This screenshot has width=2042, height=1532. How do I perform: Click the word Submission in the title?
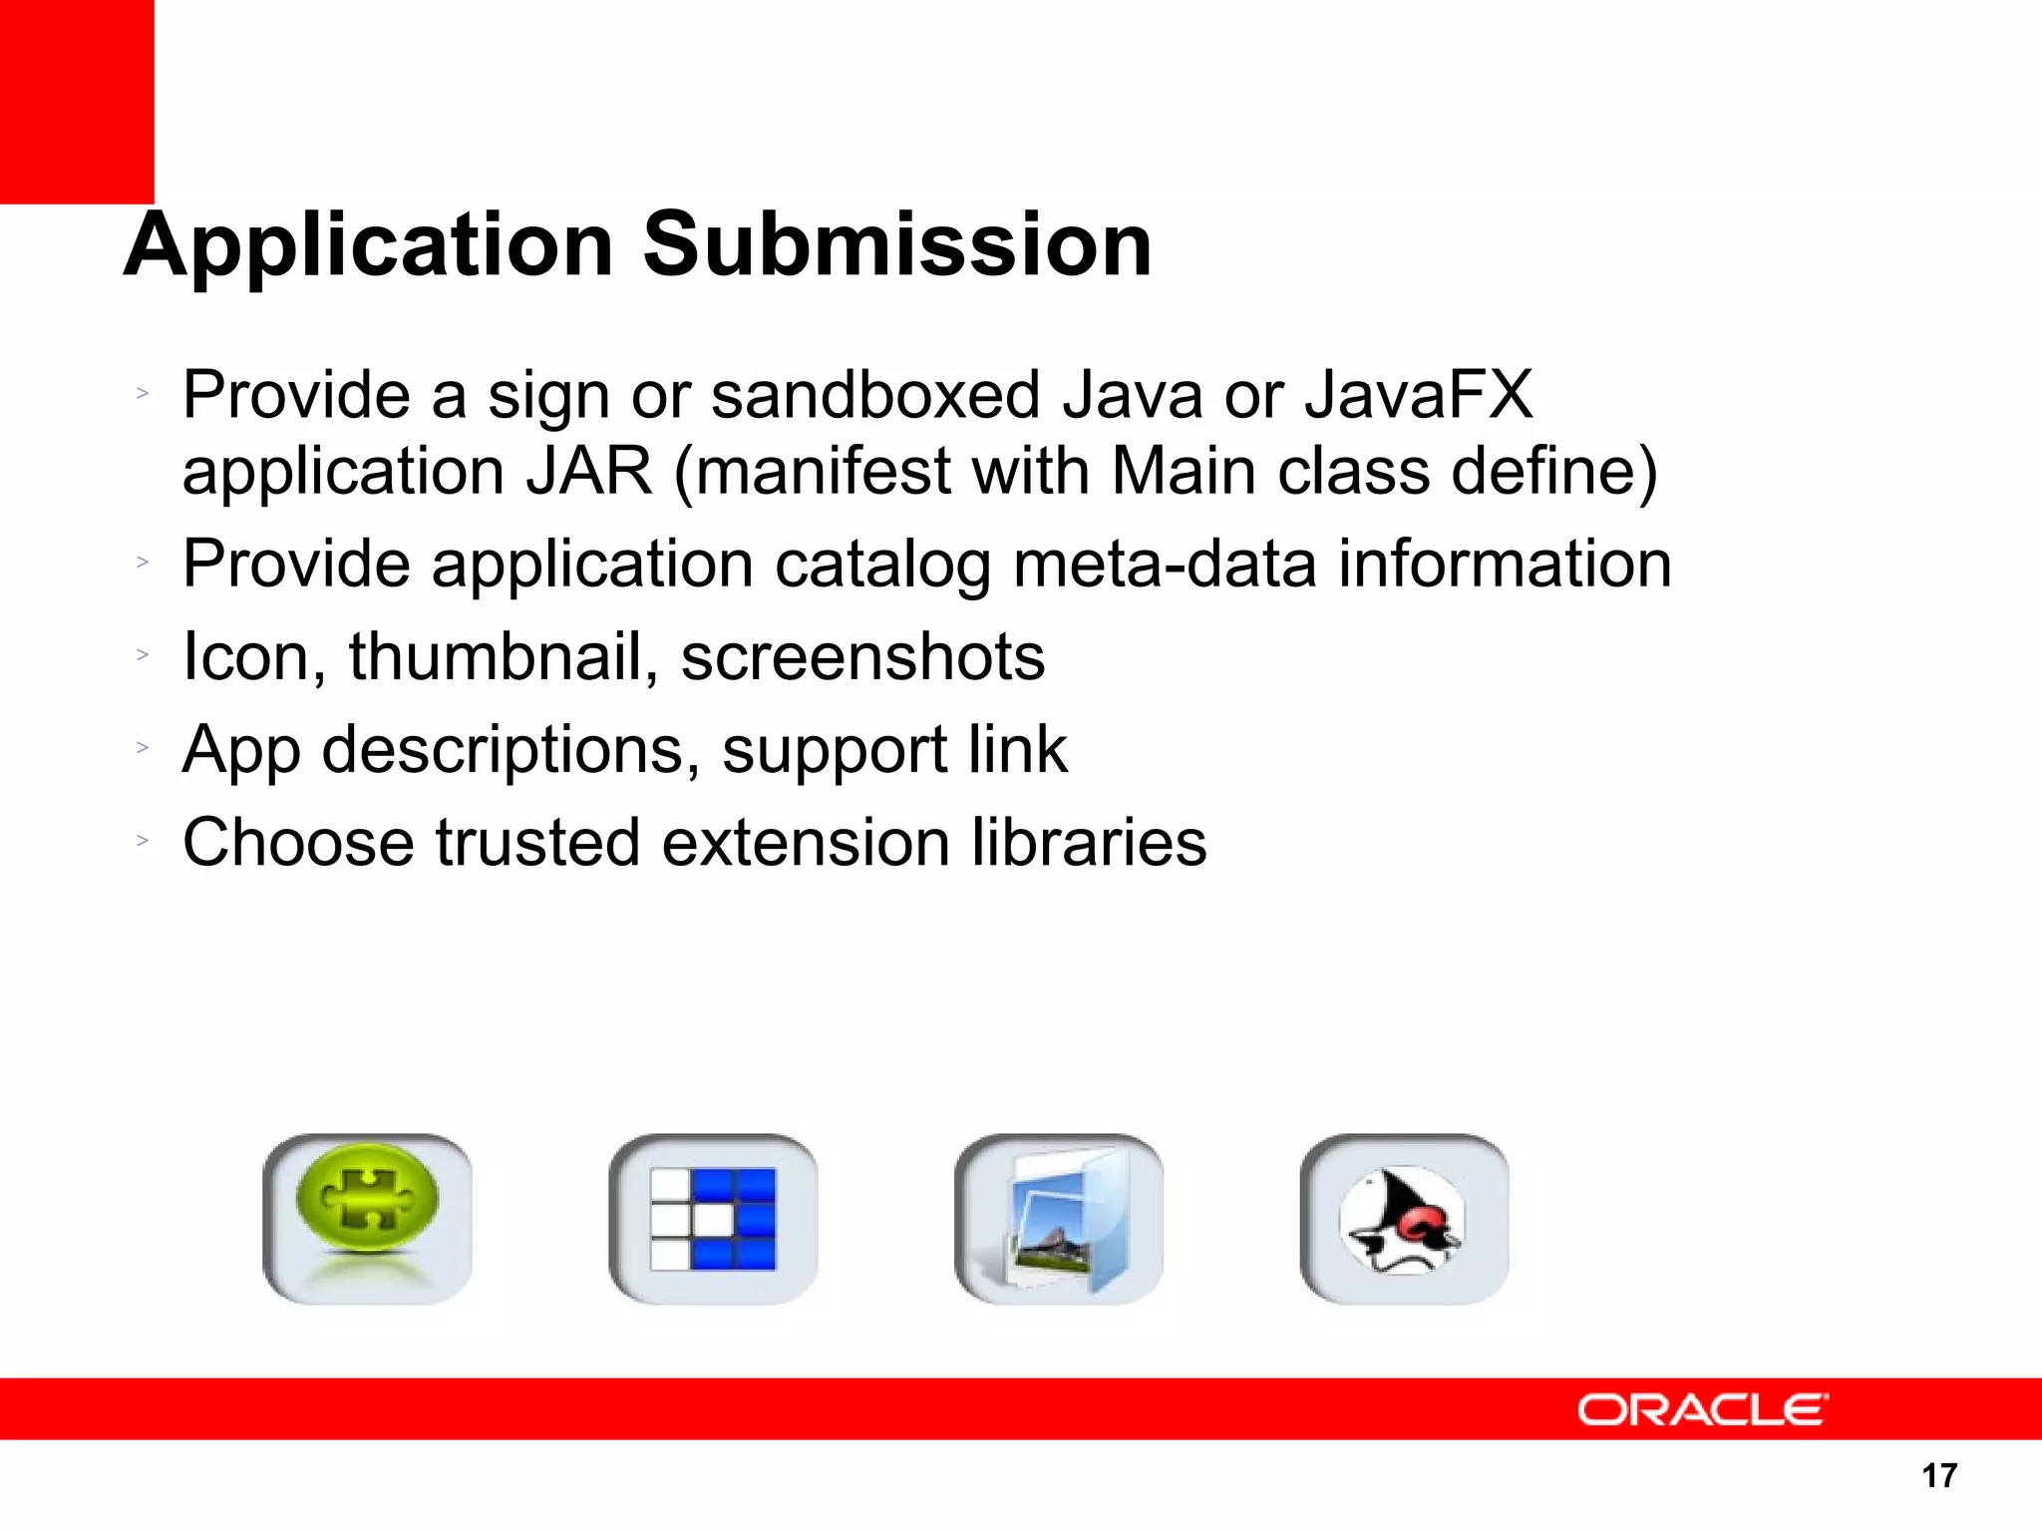(897, 245)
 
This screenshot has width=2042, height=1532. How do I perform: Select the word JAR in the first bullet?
(589, 471)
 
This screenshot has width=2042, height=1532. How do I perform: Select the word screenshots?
(862, 657)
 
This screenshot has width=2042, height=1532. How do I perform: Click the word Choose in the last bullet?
(297, 843)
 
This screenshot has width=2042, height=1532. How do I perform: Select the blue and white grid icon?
(713, 1218)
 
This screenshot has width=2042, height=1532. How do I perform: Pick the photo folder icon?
(1059, 1218)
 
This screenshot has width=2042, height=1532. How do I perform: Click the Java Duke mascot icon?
(1404, 1218)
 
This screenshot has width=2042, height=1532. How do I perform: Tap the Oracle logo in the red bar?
(1702, 1409)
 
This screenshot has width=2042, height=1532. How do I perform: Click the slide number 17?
(1939, 1475)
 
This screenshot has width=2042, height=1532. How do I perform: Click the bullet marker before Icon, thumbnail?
(143, 655)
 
